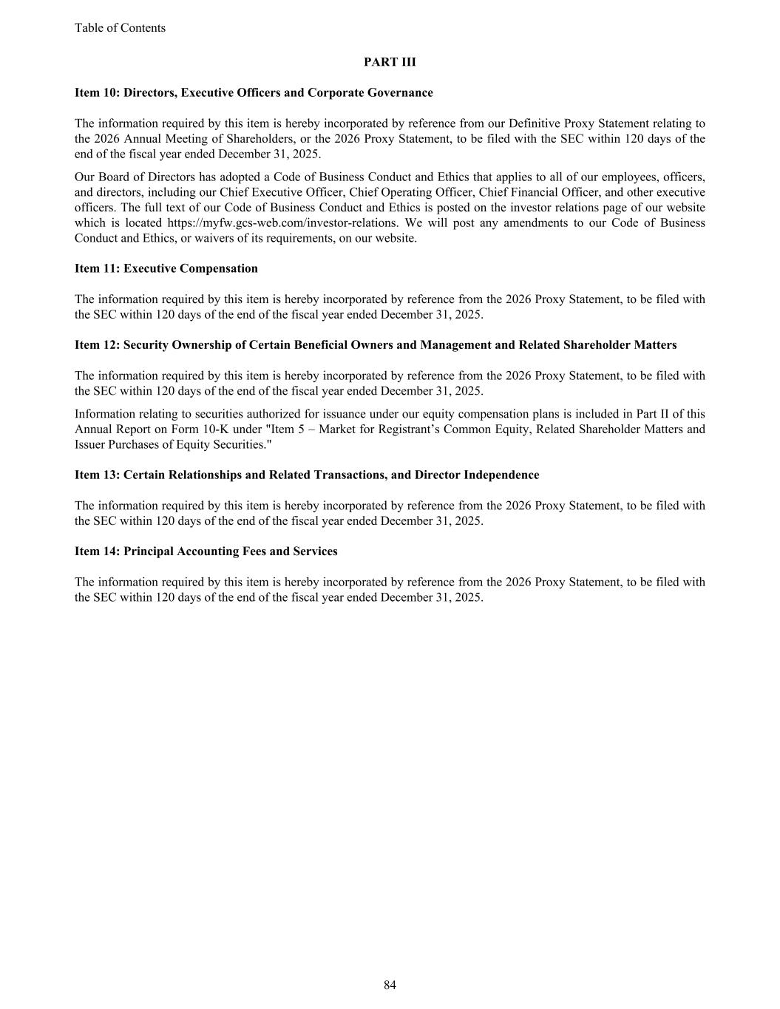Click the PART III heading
pyautogui.click(x=390, y=62)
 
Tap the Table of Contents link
pyautogui.click(x=120, y=28)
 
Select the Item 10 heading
pyautogui.click(x=254, y=93)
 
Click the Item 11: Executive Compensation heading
pyautogui.click(x=166, y=269)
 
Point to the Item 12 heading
pyautogui.click(x=376, y=345)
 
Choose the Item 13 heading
pyautogui.click(x=307, y=475)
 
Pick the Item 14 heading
pyautogui.click(x=206, y=551)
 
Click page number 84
pyautogui.click(x=390, y=985)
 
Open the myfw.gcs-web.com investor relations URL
pyautogui.click(x=282, y=223)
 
